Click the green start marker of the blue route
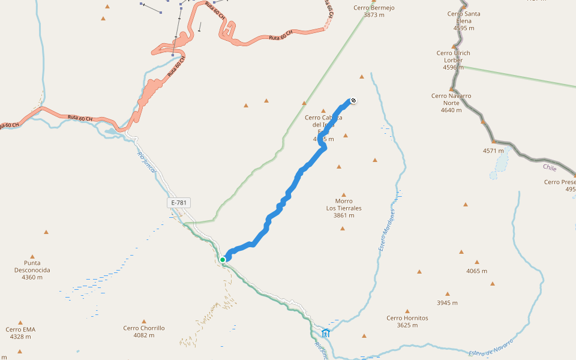click(223, 260)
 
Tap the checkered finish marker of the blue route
click(353, 100)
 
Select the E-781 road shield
click(179, 203)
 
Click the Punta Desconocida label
click(32, 270)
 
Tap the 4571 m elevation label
click(494, 151)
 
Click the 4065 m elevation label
click(477, 271)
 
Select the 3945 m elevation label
click(447, 302)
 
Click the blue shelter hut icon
click(326, 333)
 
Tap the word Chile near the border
click(550, 167)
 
